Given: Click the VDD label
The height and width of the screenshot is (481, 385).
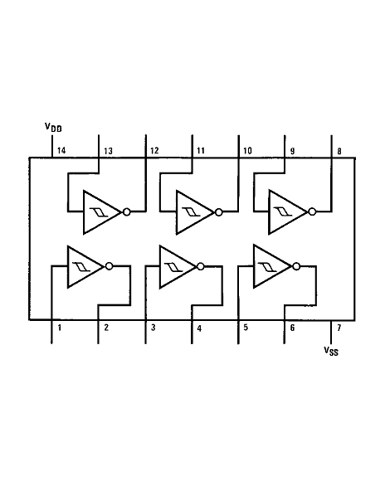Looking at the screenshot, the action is coord(53,128).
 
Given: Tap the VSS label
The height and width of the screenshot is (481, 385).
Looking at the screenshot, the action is coord(331,351).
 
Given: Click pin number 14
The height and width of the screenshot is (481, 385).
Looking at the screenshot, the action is coord(61,150).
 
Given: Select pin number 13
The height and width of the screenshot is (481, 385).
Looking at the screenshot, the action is coord(108,151).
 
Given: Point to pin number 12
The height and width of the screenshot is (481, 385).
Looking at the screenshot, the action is coord(154,151).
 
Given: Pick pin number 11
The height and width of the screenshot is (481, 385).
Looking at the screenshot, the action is coord(201,150).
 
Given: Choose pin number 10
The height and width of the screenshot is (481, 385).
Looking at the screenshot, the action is coord(247,151).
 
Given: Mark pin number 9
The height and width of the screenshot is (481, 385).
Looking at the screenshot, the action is coord(292,151).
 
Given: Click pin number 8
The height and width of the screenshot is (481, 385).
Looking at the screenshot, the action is coord(339,151).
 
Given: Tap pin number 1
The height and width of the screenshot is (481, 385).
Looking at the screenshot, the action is coord(60,328).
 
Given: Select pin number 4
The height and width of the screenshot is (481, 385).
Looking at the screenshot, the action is coord(200,328).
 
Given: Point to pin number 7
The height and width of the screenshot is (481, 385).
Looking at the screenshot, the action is coord(339,328).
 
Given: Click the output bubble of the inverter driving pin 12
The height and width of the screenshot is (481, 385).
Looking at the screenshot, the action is coord(126,211).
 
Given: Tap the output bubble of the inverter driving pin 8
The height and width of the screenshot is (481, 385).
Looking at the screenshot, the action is coord(312,211).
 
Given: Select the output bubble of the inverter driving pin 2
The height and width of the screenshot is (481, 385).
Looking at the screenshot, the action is coord(109,266).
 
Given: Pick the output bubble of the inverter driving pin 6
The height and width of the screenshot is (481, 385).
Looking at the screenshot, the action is coord(296,266).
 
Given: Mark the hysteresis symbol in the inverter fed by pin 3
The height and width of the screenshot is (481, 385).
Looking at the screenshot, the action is coord(173,267).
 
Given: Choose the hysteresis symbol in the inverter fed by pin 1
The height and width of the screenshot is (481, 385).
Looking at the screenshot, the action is coord(81,266).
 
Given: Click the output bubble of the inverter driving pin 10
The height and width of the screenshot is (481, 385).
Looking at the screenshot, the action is coord(218,212).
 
